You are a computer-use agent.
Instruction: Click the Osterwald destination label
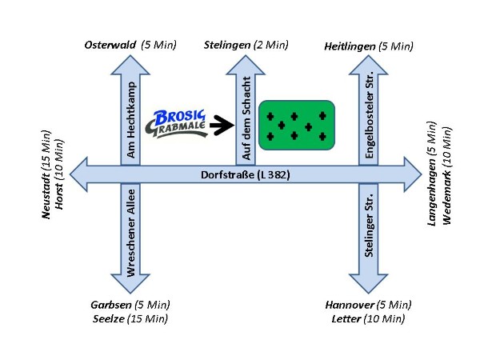130,45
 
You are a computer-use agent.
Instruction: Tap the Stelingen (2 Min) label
246,45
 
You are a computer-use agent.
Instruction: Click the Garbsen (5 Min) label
130,305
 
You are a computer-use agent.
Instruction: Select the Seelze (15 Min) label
130,318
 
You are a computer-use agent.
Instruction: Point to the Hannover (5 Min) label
368,305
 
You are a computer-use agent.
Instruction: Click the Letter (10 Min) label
368,318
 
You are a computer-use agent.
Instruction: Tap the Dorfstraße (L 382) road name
246,174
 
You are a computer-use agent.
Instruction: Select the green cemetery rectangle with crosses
296,125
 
